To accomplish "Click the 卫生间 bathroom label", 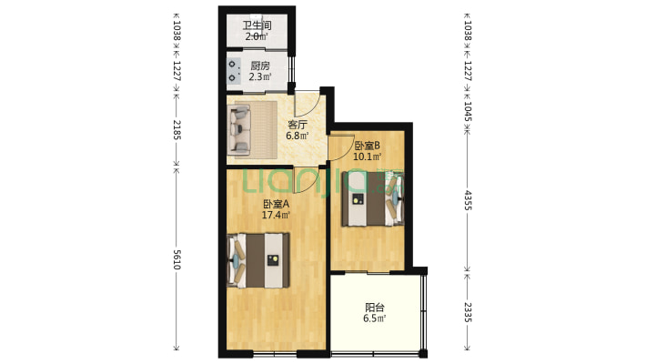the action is (x=257, y=25).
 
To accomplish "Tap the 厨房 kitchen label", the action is (x=260, y=66).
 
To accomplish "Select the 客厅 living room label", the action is (x=297, y=125).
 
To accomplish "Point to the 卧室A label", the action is (x=276, y=204).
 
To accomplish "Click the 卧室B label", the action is (x=367, y=146).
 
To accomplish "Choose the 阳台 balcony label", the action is (x=375, y=308).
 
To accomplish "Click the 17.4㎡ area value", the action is (x=276, y=215).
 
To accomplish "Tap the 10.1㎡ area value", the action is (x=367, y=157).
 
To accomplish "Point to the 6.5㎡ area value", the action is (x=375, y=318).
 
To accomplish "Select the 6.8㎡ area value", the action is (x=297, y=136).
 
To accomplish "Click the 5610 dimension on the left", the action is (x=177, y=259).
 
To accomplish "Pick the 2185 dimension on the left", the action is (x=177, y=130).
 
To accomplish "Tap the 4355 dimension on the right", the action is (x=467, y=200).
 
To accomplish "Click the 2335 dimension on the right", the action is (x=467, y=312).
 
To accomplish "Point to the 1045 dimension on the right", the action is (x=467, y=111).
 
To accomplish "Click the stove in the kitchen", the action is (x=234, y=71).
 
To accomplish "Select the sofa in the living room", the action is (x=240, y=129).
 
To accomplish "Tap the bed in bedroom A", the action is (x=258, y=260).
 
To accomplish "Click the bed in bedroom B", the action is (x=372, y=199).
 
